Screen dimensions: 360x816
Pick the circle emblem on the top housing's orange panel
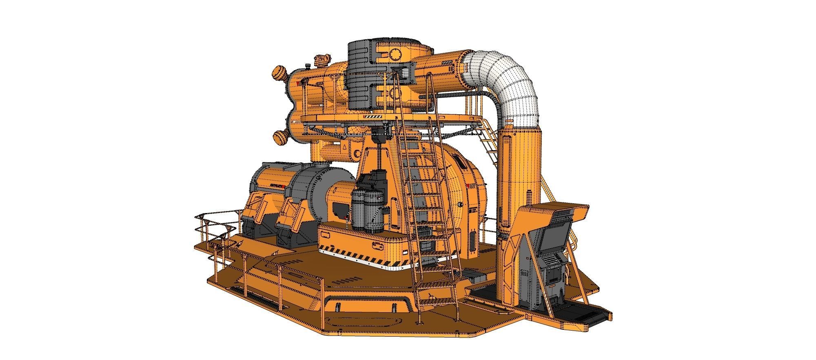pos(395,53)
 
